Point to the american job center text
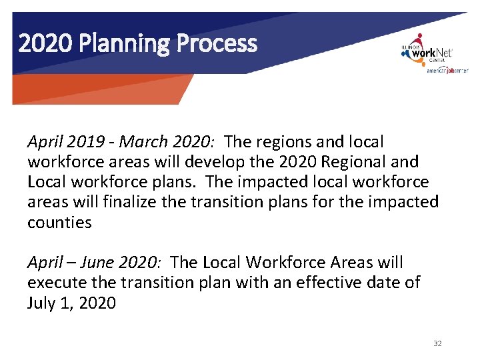(x=447, y=70)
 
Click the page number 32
(x=437, y=343)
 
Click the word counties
(x=59, y=223)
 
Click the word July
(x=42, y=303)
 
